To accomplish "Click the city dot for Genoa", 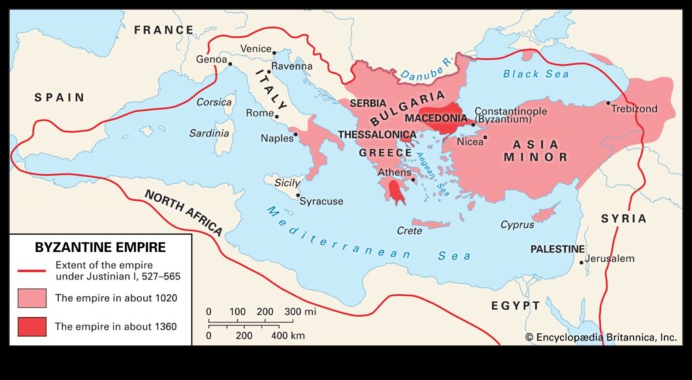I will pos(230,64).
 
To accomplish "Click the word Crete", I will pos(410,231).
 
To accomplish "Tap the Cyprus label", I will pos(517,224).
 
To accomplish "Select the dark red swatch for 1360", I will pos(32,327).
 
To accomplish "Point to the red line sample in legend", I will pos(32,269).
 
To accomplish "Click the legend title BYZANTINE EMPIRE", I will pos(100,247).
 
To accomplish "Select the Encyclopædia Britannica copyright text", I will pos(601,336).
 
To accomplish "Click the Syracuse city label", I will pos(321,201).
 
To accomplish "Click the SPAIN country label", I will pos(59,97).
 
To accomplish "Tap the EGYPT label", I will pos(516,306).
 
